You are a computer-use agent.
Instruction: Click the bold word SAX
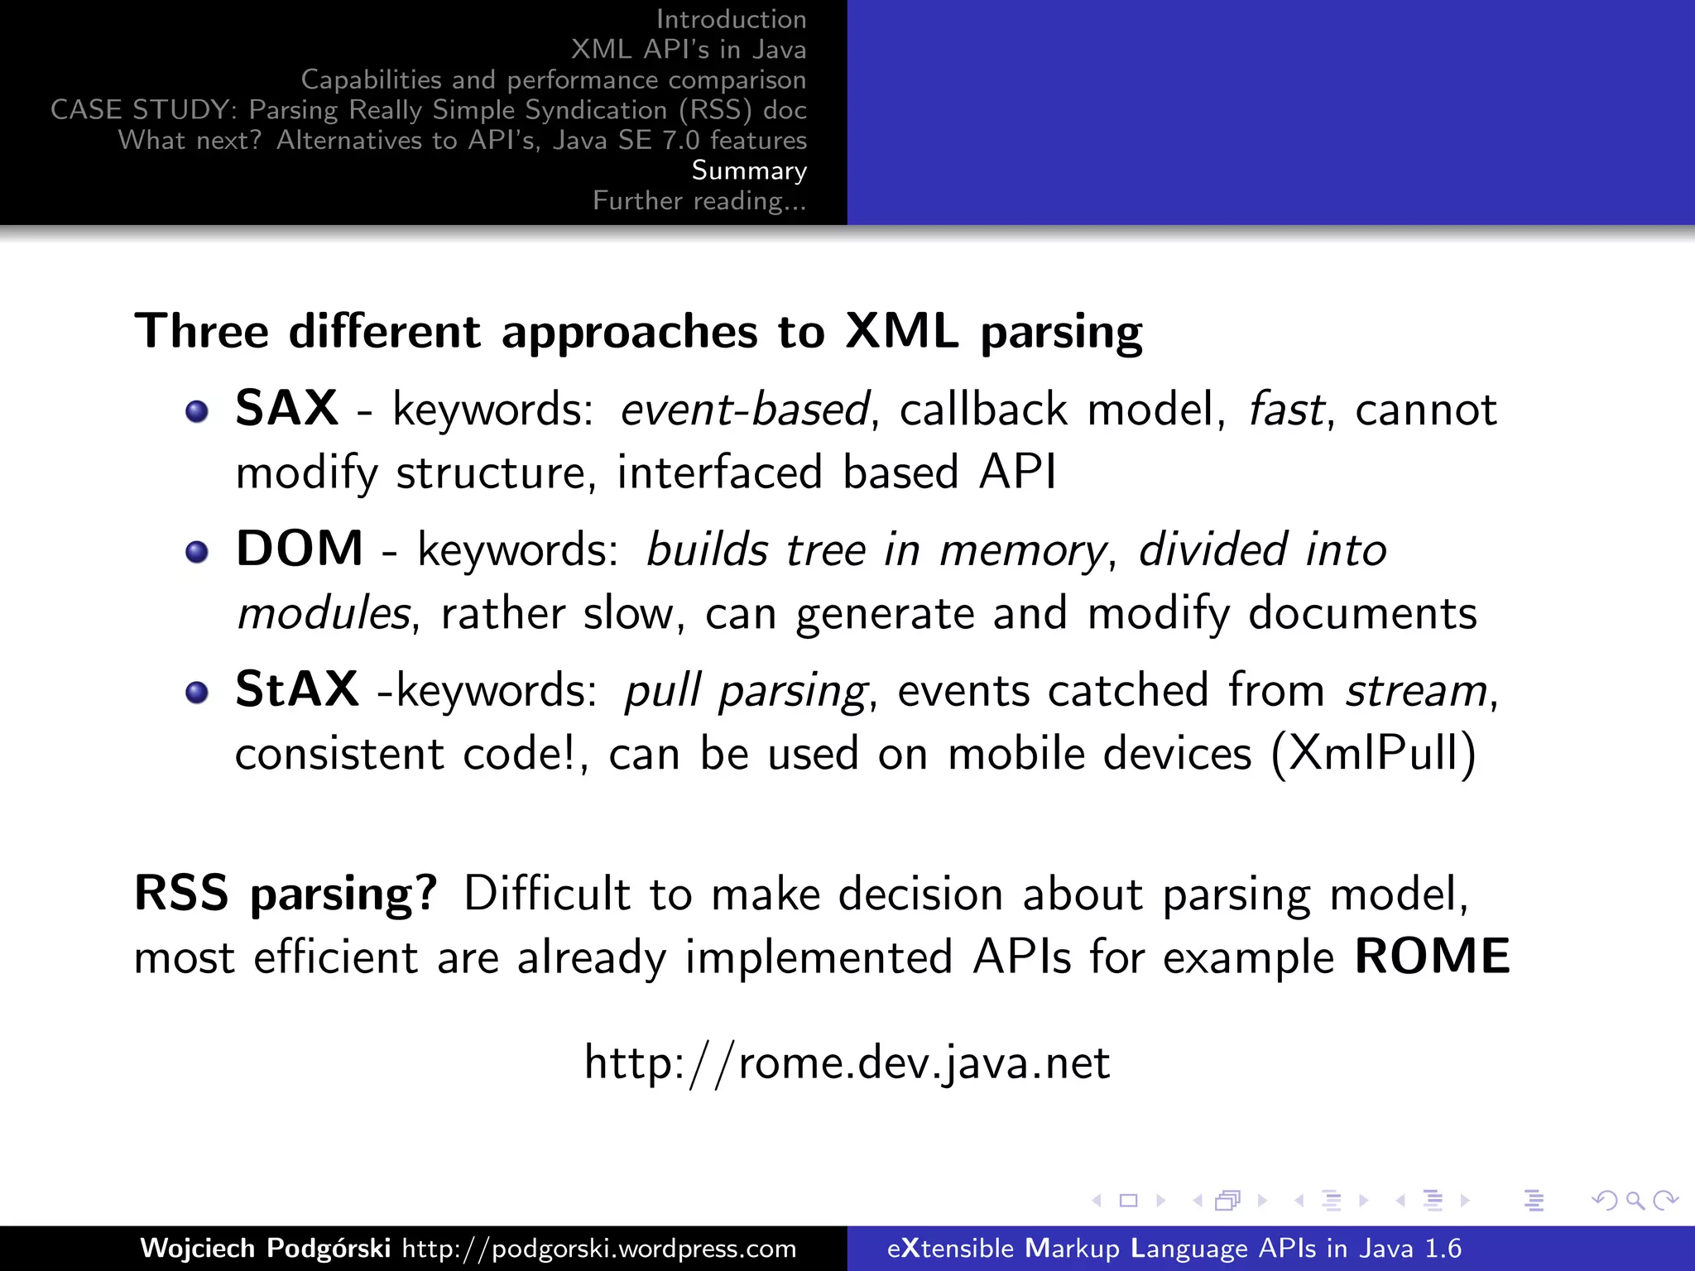tap(286, 408)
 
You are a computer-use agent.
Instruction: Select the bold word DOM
tap(299, 549)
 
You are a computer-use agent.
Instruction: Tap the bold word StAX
tap(296, 689)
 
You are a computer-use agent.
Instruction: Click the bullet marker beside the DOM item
tap(197, 552)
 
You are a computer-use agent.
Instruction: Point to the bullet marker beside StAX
tap(197, 693)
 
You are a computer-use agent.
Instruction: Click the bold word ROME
tap(1432, 957)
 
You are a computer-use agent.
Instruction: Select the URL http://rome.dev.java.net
tap(847, 1062)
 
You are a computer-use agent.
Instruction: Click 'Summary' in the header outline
tap(749, 170)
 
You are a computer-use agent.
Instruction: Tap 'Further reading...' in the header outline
tap(699, 201)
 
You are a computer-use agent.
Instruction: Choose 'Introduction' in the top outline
tap(731, 19)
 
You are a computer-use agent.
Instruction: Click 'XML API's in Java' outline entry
tap(688, 50)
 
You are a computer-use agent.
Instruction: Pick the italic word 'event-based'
tap(745, 410)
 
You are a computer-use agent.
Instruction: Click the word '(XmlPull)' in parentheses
tap(1373, 754)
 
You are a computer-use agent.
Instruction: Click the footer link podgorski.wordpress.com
tap(599, 1248)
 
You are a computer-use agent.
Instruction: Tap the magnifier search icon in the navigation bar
tap(1635, 1201)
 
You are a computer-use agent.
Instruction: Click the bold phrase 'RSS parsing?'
tap(286, 894)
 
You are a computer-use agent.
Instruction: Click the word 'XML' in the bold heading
tap(902, 332)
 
